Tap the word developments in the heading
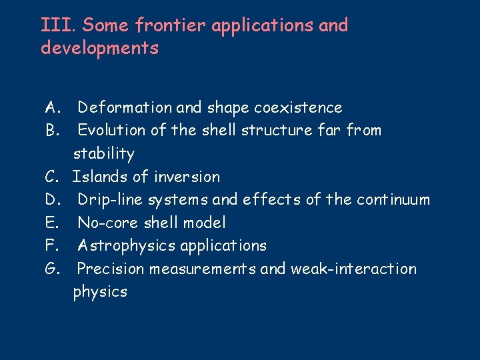99,49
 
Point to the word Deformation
124,107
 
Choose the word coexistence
298,107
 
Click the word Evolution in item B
111,131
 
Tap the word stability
103,153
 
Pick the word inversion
187,177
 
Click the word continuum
393,199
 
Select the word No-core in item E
107,223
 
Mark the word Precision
111,269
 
